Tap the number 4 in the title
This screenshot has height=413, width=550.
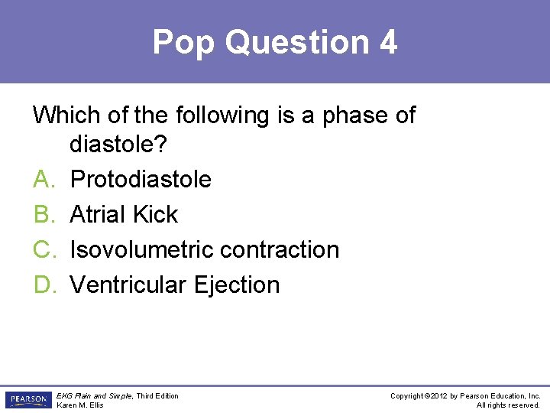[387, 42]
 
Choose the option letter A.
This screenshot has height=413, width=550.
[43, 179]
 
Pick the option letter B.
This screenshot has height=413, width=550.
[43, 214]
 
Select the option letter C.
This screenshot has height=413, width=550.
[43, 249]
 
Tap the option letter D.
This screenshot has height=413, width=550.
[43, 285]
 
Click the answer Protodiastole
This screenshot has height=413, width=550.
[141, 179]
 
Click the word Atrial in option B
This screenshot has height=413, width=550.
[97, 214]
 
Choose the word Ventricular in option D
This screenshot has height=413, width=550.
[128, 285]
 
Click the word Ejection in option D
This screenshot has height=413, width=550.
[237, 285]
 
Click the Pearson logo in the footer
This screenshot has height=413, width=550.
[27, 400]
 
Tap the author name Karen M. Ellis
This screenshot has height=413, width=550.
[80, 405]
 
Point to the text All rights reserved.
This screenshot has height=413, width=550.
[508, 405]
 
